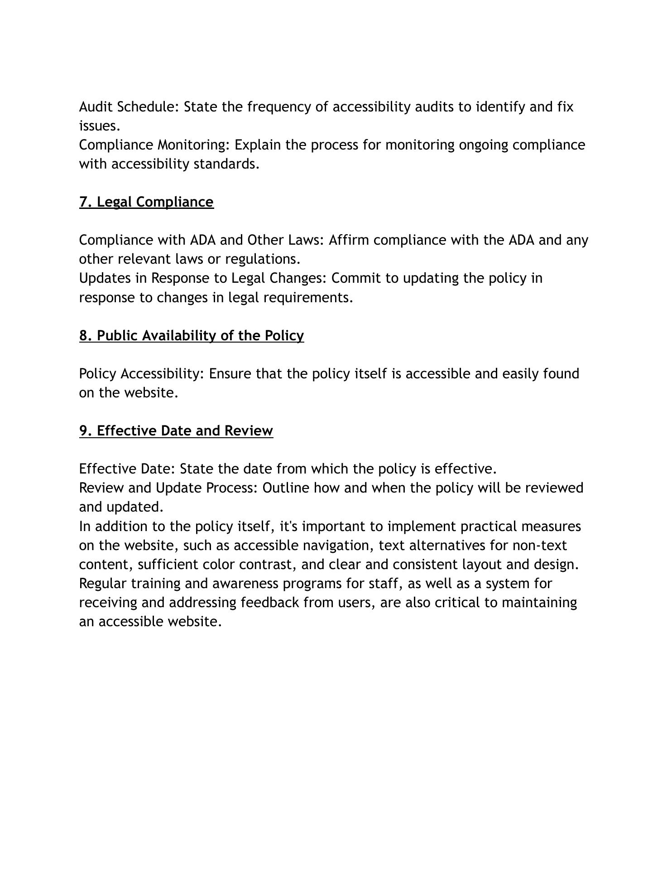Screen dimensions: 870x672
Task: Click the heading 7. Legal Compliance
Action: point(146,202)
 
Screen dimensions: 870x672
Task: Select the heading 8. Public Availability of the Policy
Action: point(192,336)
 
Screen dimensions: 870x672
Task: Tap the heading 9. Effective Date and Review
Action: point(176,431)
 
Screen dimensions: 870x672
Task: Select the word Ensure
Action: point(230,374)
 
